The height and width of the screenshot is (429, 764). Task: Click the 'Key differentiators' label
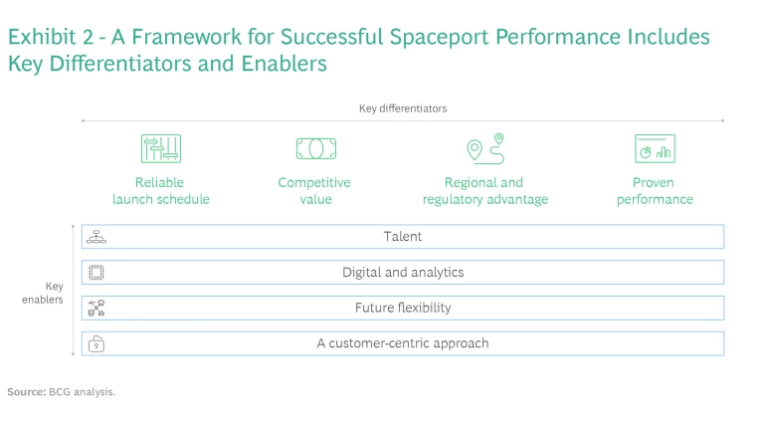403,108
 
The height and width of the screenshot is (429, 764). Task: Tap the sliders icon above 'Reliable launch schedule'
160,149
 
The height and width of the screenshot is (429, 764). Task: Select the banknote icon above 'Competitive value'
315,149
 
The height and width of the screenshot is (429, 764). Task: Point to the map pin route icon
485,148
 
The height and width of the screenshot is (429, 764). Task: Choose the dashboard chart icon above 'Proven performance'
655,149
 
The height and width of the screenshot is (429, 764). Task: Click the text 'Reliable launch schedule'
160,191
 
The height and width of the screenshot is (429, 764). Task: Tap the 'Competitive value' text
314,191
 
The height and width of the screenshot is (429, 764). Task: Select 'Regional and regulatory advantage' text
485,191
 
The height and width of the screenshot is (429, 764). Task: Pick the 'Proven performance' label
654,191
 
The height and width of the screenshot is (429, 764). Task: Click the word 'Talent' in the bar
403,237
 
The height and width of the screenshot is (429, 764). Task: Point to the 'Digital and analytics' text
403,273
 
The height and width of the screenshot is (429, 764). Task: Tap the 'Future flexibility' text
403,309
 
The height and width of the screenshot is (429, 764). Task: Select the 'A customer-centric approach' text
403,343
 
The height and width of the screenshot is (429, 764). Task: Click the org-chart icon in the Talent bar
96,237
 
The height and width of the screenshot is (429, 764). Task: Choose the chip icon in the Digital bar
96,273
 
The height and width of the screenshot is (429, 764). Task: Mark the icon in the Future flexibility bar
96,309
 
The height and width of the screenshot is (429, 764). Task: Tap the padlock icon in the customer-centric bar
96,344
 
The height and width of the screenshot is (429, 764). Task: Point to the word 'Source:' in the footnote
26,392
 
